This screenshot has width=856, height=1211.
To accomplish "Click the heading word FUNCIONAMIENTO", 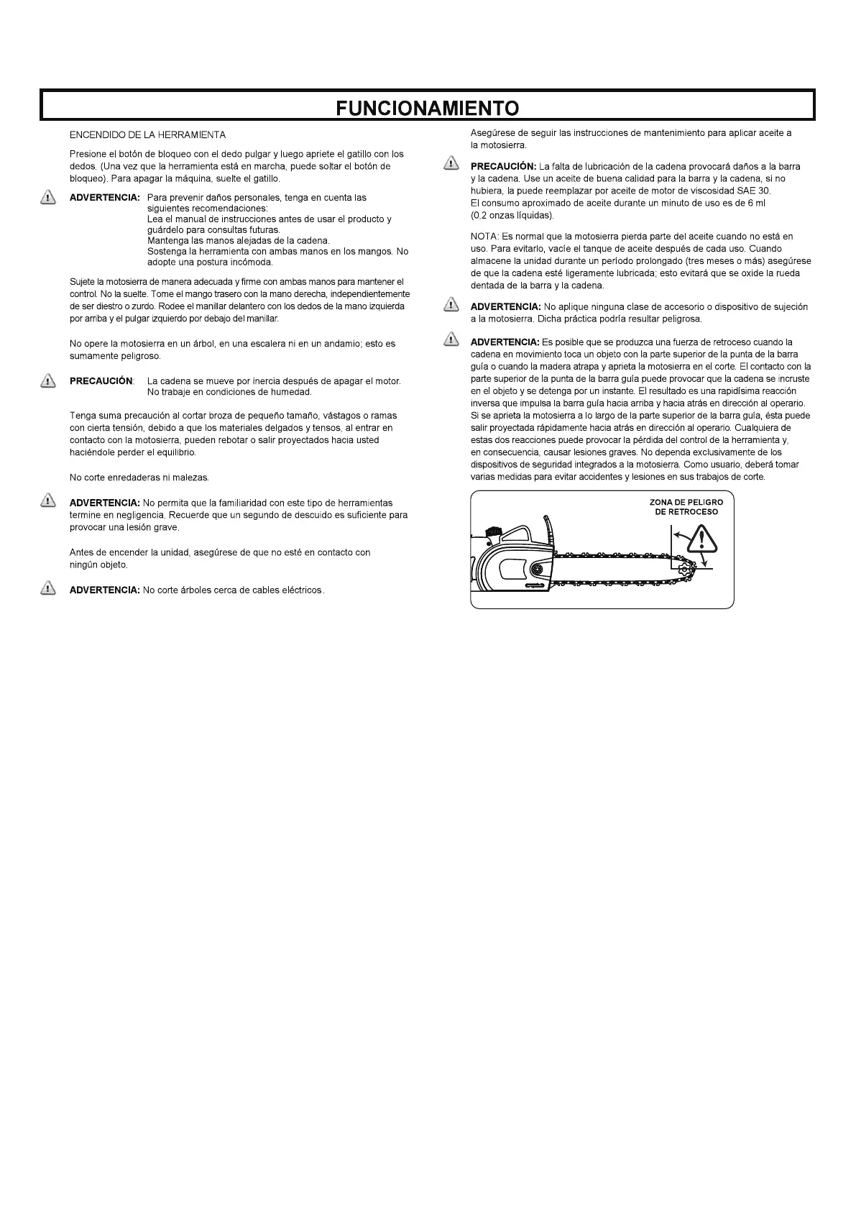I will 428,108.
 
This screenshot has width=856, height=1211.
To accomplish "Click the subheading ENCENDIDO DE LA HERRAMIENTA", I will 147,134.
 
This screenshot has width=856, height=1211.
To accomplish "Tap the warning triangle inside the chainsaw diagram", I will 701,536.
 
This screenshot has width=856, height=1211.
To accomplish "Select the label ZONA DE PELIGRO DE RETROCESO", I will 686,507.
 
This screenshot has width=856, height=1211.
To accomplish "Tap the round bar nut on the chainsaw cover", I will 535,570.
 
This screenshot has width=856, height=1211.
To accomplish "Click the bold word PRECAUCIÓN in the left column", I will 101,380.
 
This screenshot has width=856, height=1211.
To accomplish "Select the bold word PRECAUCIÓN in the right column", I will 503,167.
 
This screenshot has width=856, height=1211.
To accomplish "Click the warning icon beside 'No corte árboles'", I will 48,589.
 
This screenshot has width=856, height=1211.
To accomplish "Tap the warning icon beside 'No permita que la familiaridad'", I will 48,501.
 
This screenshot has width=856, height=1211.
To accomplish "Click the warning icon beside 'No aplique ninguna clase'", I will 451,305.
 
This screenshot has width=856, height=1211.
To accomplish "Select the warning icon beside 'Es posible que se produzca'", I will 451,339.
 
